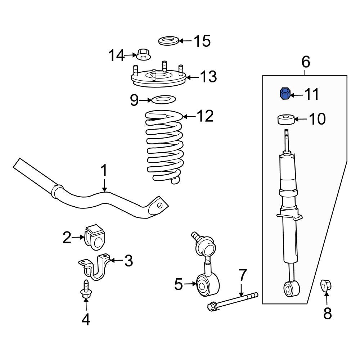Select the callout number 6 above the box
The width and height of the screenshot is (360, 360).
(x=305, y=62)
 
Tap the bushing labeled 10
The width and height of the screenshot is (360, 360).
(x=286, y=120)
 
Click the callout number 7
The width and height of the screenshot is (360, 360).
(x=243, y=276)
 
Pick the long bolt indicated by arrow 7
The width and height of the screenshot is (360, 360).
(x=232, y=301)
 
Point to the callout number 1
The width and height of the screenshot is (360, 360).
(x=104, y=170)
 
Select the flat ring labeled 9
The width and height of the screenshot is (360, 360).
(x=163, y=99)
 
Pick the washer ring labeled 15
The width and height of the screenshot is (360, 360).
(x=168, y=41)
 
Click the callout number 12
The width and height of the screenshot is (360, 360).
(x=205, y=116)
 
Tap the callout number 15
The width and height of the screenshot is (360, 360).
(x=202, y=41)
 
